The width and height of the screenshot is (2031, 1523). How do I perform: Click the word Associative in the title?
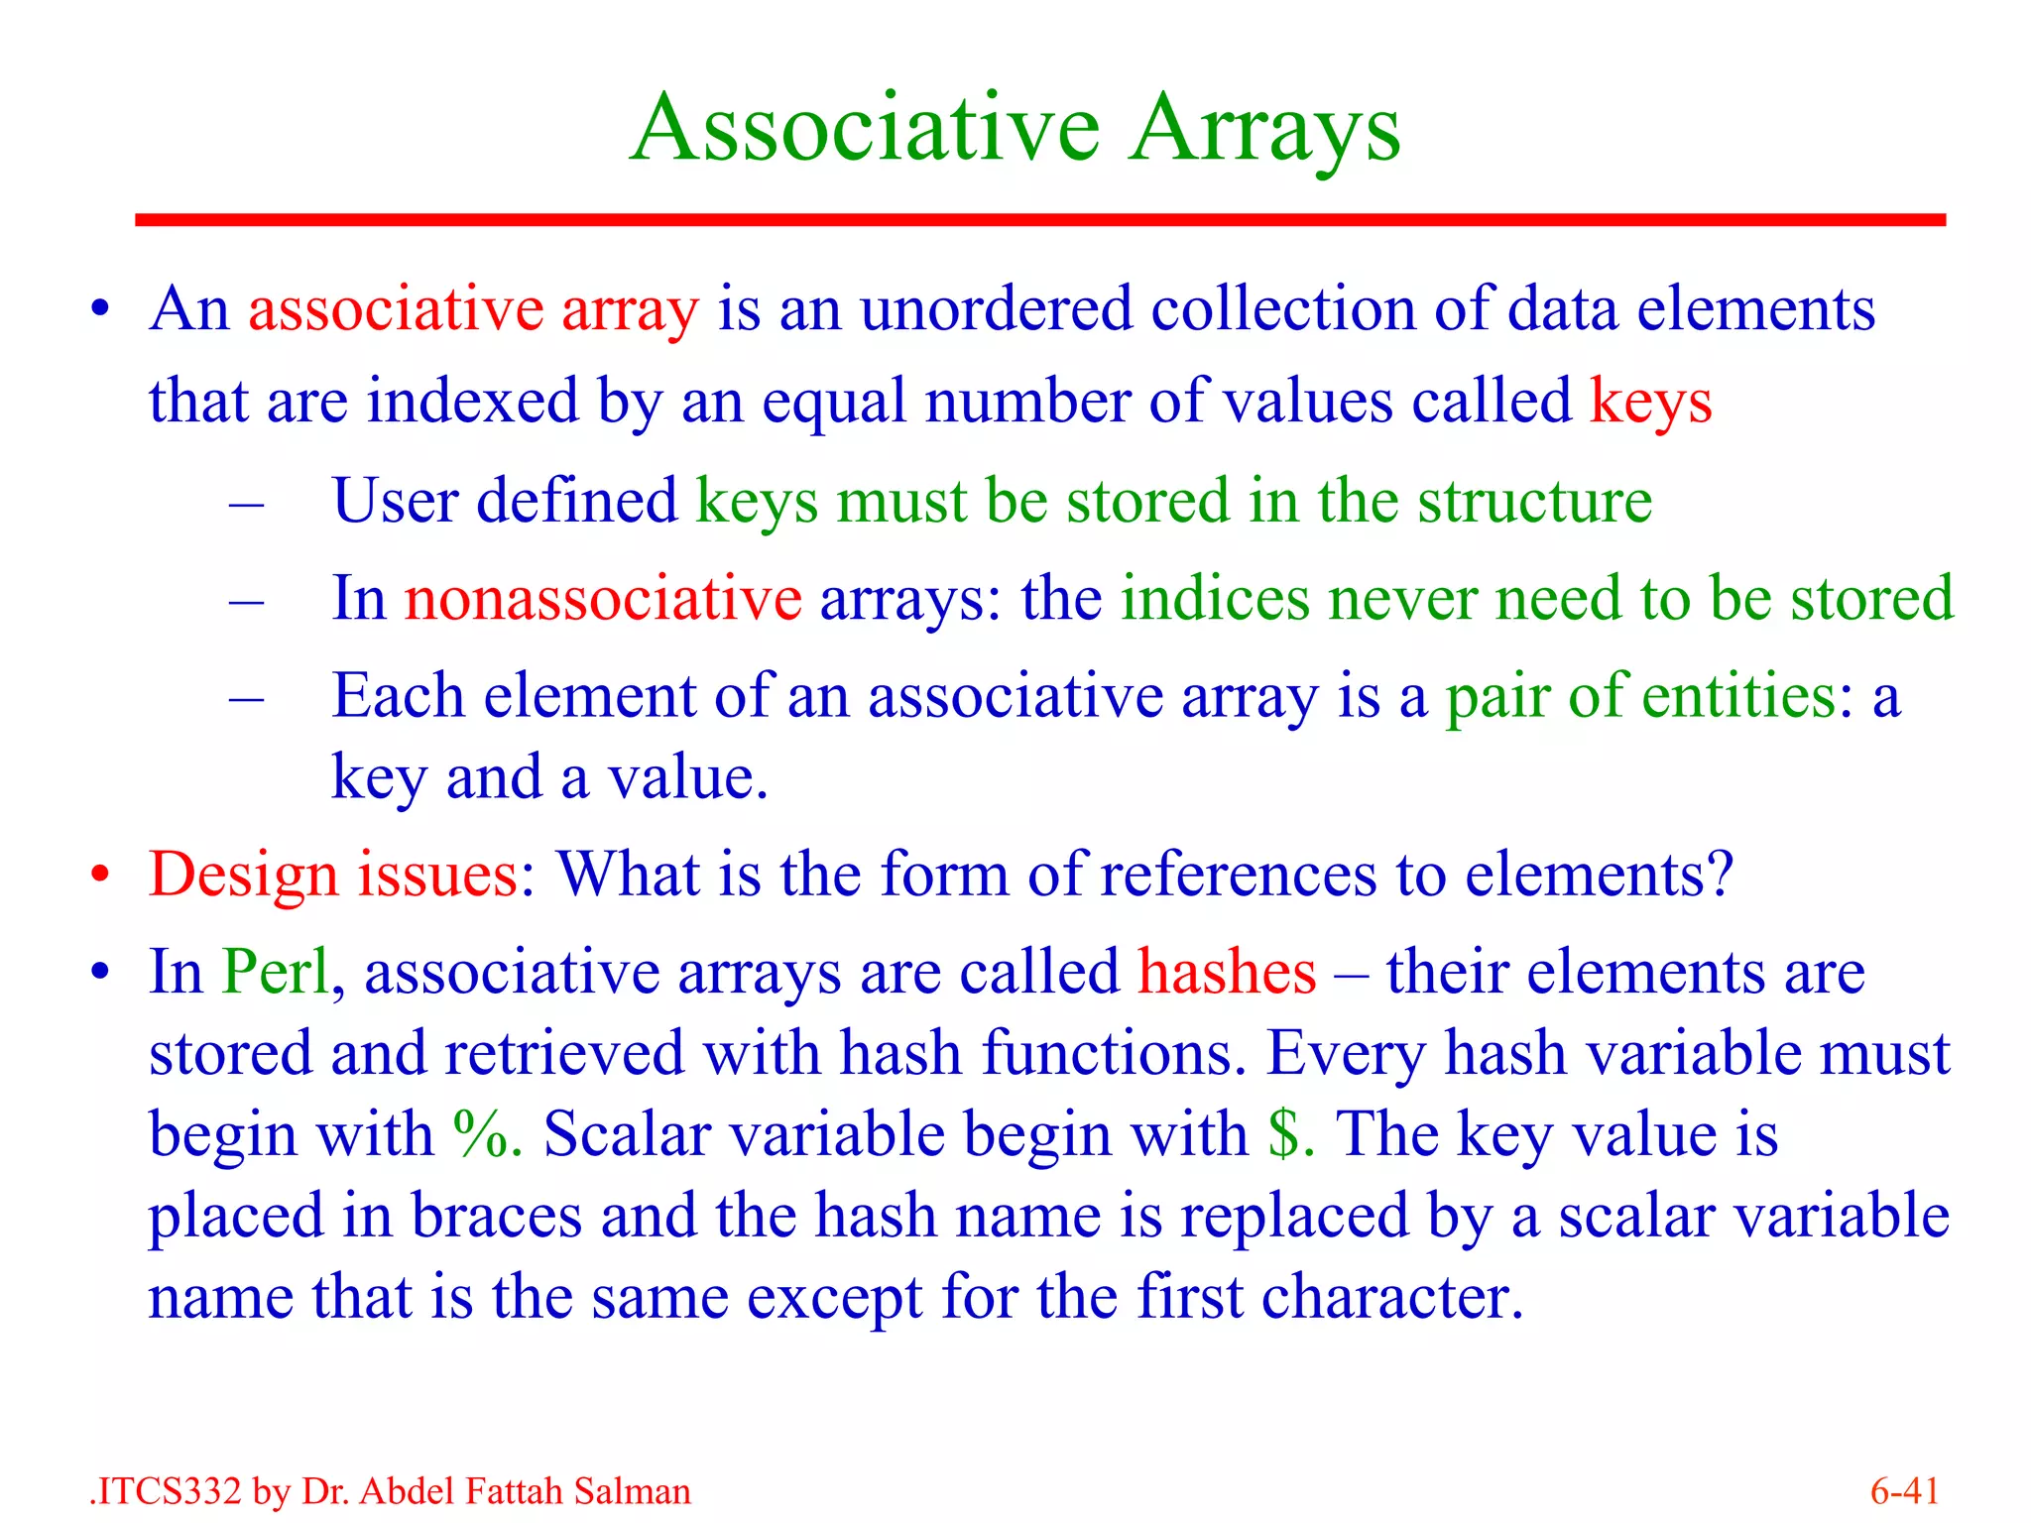coord(865,129)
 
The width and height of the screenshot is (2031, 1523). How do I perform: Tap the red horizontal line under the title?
coord(1039,220)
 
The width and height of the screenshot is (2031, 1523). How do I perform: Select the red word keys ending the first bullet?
coord(1650,403)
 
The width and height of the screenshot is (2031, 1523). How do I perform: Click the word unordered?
coord(995,308)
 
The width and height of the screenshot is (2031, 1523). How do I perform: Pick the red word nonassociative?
coord(603,599)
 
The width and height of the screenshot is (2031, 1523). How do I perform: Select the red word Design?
coord(243,875)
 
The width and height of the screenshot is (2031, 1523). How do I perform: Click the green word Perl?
coord(275,972)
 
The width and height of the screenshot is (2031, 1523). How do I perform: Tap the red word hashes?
coord(1226,972)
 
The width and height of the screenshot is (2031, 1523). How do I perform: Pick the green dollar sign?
coord(1283,1133)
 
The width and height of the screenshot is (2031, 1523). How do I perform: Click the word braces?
coord(496,1216)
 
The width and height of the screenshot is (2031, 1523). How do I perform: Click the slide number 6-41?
coord(1904,1491)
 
